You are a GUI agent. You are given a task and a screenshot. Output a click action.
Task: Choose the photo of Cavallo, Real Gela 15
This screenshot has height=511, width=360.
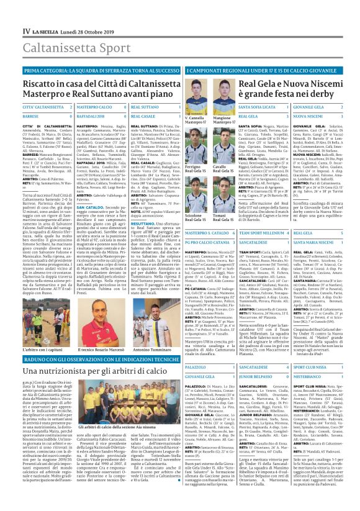point(222,149)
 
